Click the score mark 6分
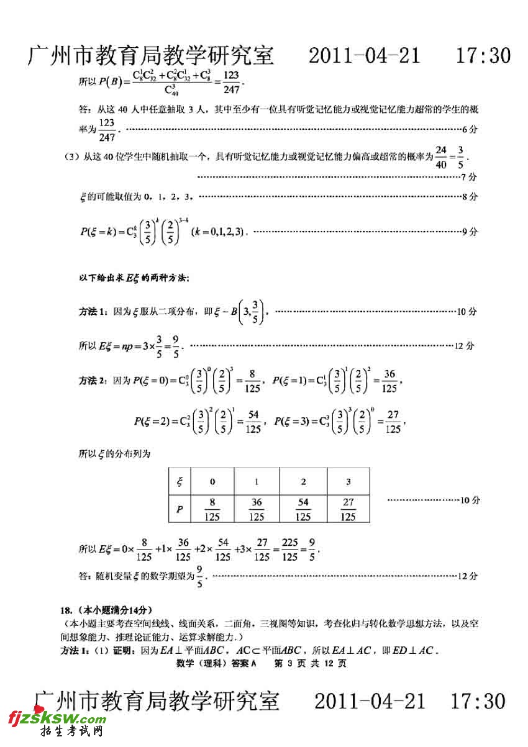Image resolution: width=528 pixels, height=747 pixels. (x=471, y=129)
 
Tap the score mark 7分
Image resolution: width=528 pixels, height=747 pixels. (x=470, y=177)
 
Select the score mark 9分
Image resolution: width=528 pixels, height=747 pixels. (x=470, y=232)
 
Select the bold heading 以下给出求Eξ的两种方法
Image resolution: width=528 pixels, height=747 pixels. (x=133, y=278)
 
